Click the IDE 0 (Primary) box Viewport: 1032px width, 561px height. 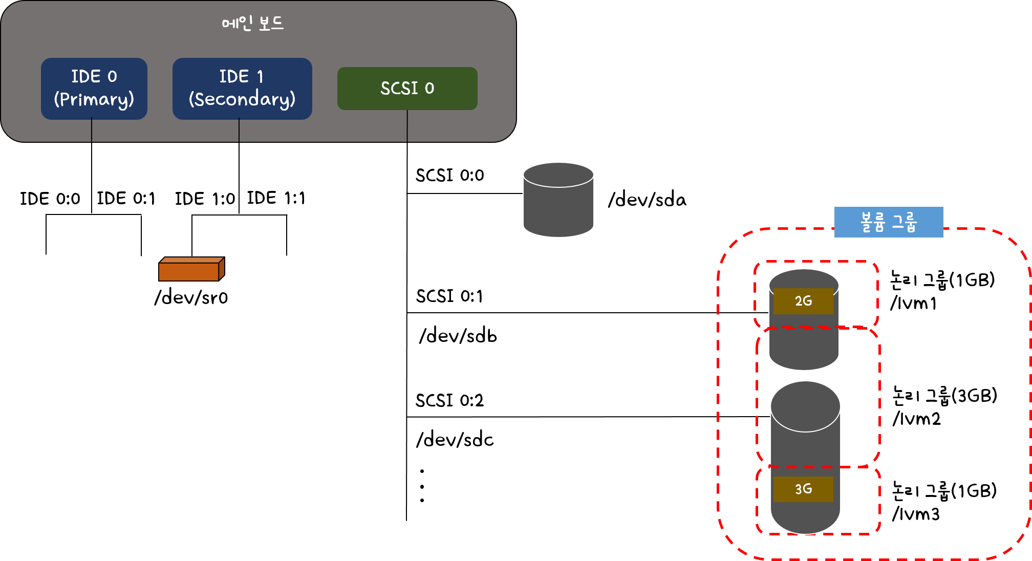coord(94,89)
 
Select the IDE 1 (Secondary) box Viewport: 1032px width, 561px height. coord(242,89)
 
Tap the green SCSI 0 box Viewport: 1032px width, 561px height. coord(407,89)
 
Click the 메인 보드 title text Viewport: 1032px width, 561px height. coord(252,23)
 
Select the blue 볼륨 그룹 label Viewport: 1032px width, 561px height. coord(888,222)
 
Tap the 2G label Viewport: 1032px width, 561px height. coord(803,301)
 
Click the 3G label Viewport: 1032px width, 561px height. coord(803,489)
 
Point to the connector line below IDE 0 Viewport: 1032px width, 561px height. coord(92,130)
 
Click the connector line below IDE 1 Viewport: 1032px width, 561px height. coord(239,130)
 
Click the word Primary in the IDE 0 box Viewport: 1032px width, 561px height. coord(94,99)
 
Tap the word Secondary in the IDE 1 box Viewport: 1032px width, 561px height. coord(242,99)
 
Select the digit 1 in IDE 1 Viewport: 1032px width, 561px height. coord(260,77)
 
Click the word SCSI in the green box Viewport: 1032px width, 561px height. coord(399,89)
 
